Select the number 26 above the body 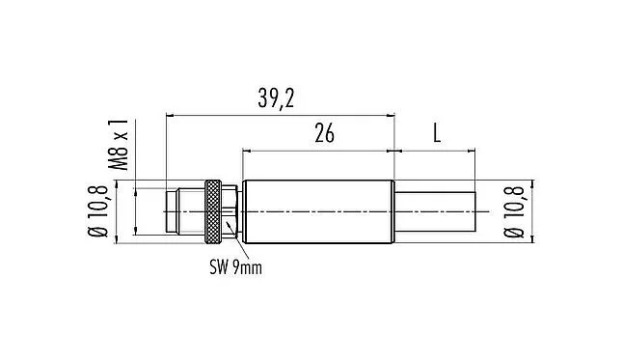(324, 134)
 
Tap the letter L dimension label (436, 134)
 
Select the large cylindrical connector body (318, 209)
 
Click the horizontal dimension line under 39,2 (280, 116)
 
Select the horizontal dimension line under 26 (318, 151)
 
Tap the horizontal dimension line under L (436, 151)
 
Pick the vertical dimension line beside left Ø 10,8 (119, 209)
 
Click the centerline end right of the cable (487, 209)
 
